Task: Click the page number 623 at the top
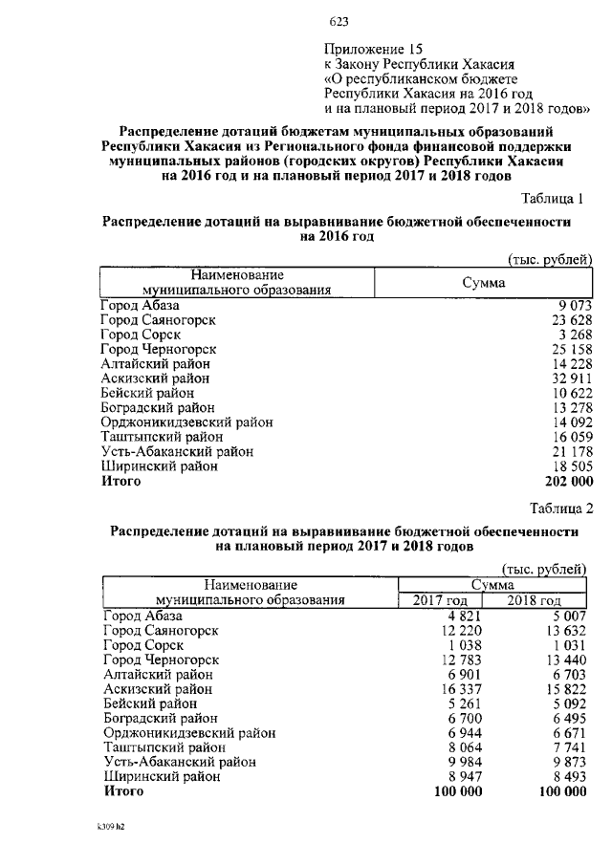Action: [x=339, y=21]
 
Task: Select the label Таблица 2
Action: [x=559, y=507]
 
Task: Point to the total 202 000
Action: [x=562, y=482]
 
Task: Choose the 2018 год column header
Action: [x=533, y=600]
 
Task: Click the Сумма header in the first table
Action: [x=484, y=283]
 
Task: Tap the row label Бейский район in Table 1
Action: [x=148, y=393]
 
